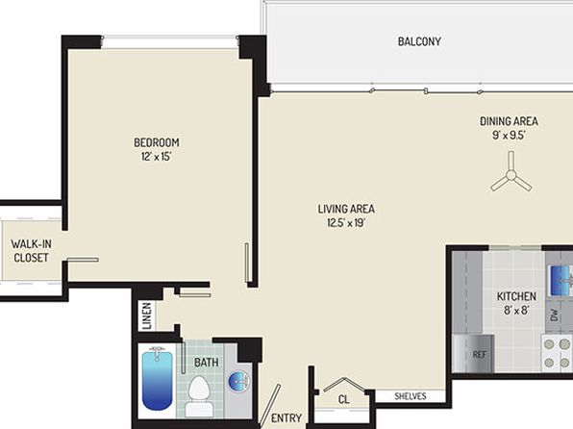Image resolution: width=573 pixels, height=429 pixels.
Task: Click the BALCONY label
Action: pos(419,41)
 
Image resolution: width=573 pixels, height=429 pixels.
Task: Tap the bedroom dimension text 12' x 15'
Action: pos(157,157)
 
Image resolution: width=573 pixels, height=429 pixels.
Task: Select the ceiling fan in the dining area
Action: pos(511,174)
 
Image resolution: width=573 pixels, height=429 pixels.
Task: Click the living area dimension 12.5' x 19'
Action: pos(346,223)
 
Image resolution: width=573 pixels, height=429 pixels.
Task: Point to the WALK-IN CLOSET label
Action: pos(31,251)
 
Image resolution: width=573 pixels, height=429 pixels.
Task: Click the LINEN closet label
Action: pos(147,316)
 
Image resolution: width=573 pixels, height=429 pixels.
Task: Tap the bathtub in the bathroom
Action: pos(158,379)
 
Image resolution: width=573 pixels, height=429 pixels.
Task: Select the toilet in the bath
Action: pos(199,396)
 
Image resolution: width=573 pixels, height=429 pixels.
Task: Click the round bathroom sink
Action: pos(239,381)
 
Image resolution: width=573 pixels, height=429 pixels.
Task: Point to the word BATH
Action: pos(207,363)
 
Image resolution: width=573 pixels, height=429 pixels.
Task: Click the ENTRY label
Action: pos(286,418)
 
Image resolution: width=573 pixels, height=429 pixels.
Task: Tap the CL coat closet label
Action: pos(343,399)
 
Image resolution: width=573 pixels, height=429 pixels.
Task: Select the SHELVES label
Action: pos(411,396)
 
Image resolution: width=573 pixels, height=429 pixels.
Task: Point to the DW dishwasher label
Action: pos(554,315)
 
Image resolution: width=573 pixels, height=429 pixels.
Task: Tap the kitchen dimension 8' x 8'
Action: pos(516,311)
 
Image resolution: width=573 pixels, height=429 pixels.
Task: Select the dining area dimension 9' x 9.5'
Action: pos(509,136)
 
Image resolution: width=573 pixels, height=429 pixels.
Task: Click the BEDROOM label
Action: pos(157,142)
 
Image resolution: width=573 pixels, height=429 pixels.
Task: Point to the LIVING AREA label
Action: pos(346,209)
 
